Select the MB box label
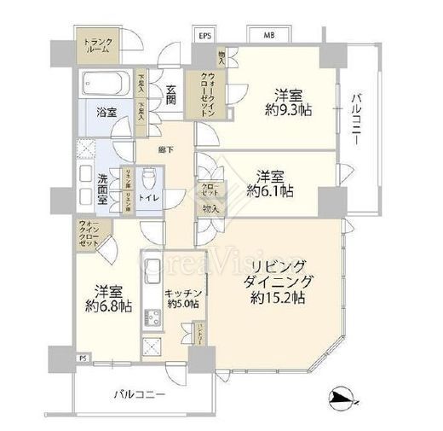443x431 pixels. tap(269, 36)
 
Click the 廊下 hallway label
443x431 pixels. tap(166, 150)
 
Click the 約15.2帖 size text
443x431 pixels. tap(279, 298)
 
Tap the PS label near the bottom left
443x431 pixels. tap(83, 359)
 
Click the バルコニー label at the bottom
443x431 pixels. tap(138, 395)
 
